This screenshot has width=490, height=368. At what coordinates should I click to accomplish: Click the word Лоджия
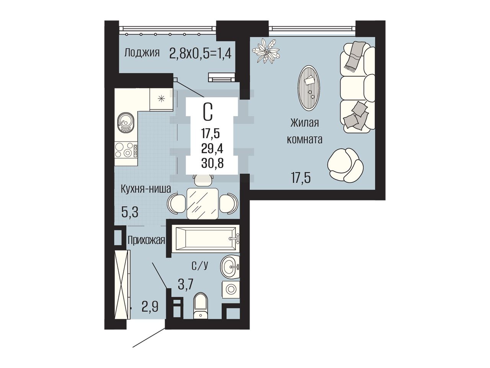(x=142, y=53)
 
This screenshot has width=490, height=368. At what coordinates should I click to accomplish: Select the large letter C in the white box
(x=207, y=113)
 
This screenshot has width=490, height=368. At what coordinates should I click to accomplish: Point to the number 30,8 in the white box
(x=212, y=164)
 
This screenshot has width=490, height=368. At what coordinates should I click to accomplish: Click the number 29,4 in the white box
(x=212, y=149)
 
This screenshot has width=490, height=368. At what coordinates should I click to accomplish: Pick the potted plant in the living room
(x=266, y=51)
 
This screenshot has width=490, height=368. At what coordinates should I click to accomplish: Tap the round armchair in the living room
(x=345, y=165)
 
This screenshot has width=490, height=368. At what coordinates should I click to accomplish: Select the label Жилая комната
(x=304, y=131)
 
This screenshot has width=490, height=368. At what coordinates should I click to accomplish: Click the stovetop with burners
(x=126, y=150)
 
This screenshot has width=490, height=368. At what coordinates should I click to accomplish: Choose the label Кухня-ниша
(x=146, y=189)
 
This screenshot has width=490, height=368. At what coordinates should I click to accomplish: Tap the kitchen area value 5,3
(x=130, y=212)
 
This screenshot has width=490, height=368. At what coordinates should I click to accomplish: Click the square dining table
(x=202, y=203)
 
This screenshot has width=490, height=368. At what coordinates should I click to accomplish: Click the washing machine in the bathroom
(x=230, y=289)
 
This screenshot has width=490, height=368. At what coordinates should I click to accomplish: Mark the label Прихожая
(x=146, y=241)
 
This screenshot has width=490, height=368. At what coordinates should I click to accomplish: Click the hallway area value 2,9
(x=150, y=307)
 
